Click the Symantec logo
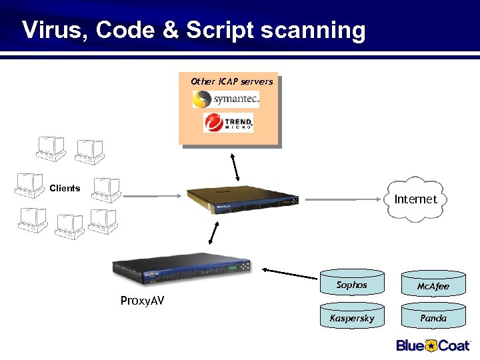(x=226, y=99)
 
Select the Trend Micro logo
(x=228, y=123)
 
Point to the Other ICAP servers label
(x=231, y=81)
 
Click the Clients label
(x=65, y=188)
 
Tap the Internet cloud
(x=415, y=199)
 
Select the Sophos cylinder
(x=352, y=285)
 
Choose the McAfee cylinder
(x=433, y=285)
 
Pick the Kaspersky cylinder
(x=352, y=317)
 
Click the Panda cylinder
(x=433, y=317)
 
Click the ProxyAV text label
(x=142, y=301)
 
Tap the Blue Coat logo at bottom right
(x=433, y=345)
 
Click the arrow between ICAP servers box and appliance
(x=235, y=169)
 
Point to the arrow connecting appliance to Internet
(x=343, y=199)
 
